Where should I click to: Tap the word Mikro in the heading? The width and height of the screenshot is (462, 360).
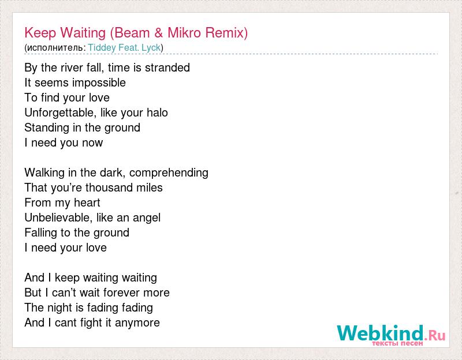pyautogui.click(x=184, y=33)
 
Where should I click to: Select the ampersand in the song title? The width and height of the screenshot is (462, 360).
pyautogui.click(x=158, y=33)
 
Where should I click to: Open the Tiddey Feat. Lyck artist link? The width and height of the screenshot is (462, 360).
pyautogui.click(x=124, y=47)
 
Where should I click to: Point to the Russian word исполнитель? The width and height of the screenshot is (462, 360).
pyautogui.click(x=55, y=48)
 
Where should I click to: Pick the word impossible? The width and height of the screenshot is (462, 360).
pyautogui.click(x=99, y=82)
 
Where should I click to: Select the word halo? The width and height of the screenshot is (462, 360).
pyautogui.click(x=157, y=112)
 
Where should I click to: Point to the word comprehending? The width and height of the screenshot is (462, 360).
pyautogui.click(x=169, y=172)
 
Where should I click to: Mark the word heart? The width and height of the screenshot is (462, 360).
pyautogui.click(x=87, y=202)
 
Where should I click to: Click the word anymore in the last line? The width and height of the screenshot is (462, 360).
pyautogui.click(x=137, y=323)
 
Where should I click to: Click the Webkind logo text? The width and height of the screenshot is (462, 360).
pyautogui.click(x=381, y=333)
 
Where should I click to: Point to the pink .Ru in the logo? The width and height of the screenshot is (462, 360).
pyautogui.click(x=435, y=335)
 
